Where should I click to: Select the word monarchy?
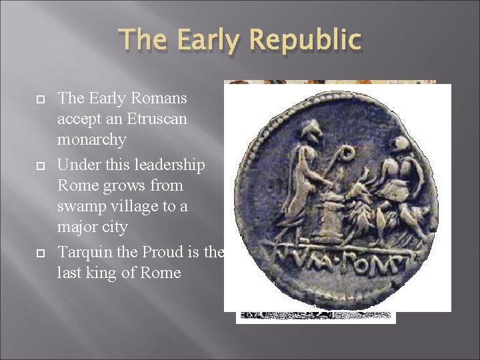pos(92,140)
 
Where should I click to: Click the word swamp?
pos(82,206)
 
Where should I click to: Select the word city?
pos(114,227)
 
